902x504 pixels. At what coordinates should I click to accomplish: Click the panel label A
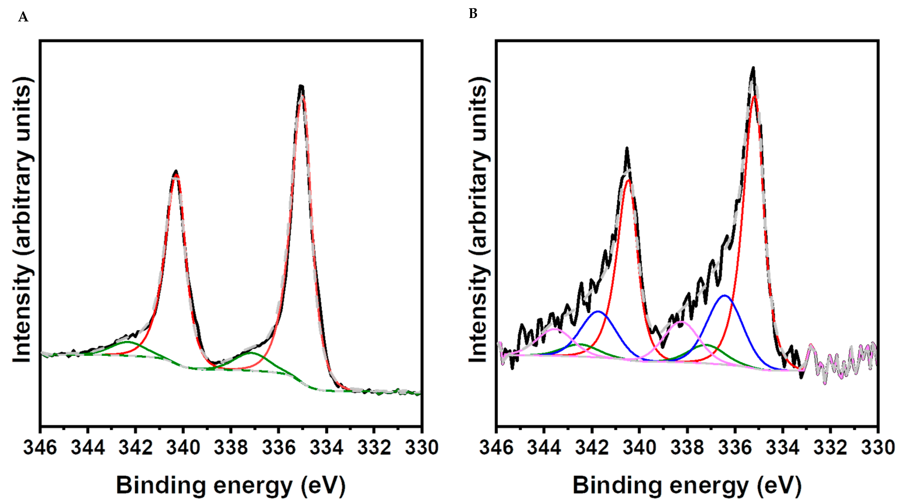(x=23, y=17)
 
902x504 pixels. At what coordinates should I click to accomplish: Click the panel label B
(x=473, y=14)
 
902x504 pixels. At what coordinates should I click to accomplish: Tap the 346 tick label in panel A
(x=40, y=448)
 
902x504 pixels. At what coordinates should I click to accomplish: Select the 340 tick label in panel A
(x=183, y=448)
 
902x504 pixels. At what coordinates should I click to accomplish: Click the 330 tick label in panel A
(x=421, y=448)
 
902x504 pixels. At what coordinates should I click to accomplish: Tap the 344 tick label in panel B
(x=544, y=448)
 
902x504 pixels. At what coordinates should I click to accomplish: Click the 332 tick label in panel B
(x=830, y=448)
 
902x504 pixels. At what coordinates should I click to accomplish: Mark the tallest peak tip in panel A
(x=301, y=86)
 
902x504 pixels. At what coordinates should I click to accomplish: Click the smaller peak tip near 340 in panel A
(x=176, y=172)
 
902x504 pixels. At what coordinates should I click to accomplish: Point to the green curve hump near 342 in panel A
(x=127, y=342)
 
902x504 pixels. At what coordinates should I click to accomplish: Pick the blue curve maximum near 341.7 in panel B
(x=598, y=311)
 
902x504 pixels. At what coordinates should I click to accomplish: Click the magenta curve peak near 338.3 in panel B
(x=681, y=321)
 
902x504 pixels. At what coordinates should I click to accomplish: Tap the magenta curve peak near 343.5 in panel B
(x=554, y=329)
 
